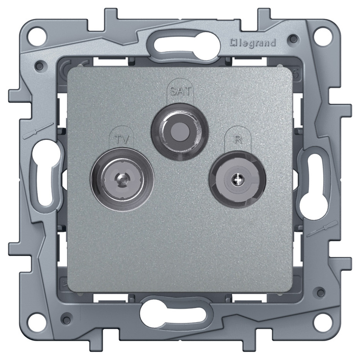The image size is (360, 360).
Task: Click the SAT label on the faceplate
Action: [x=180, y=91]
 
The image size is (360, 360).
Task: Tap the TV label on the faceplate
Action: [x=122, y=139]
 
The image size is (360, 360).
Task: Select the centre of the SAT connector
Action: [x=180, y=131]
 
